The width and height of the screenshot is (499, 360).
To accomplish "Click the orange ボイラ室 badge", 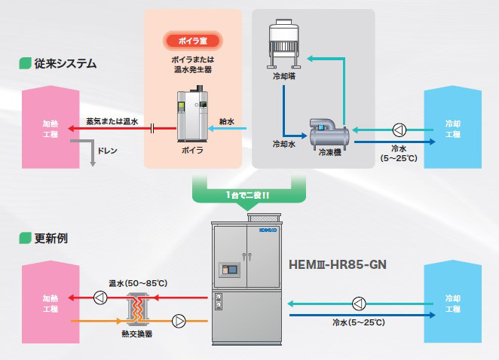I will coord(191,40).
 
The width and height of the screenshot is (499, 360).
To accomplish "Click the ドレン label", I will coord(107,151).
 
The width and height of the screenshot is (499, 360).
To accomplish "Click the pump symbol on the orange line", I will coord(179,321).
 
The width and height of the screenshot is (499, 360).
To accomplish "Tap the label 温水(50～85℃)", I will coord(137,282).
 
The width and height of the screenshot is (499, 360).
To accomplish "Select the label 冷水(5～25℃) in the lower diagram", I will coord(359,322).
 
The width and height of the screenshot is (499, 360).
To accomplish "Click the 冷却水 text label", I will coord(283,142).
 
